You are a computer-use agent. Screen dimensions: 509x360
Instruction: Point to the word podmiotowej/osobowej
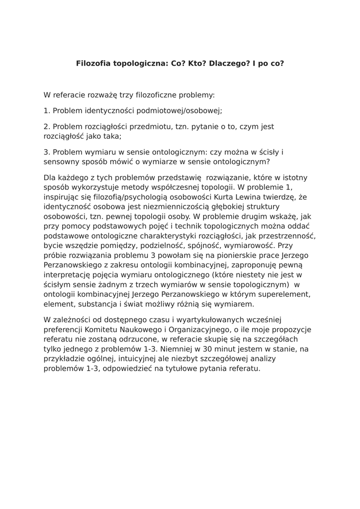point(180,111)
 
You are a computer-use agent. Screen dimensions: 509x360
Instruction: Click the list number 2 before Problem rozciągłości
point(46,127)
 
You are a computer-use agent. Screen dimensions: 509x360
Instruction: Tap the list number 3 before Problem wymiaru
point(46,152)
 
